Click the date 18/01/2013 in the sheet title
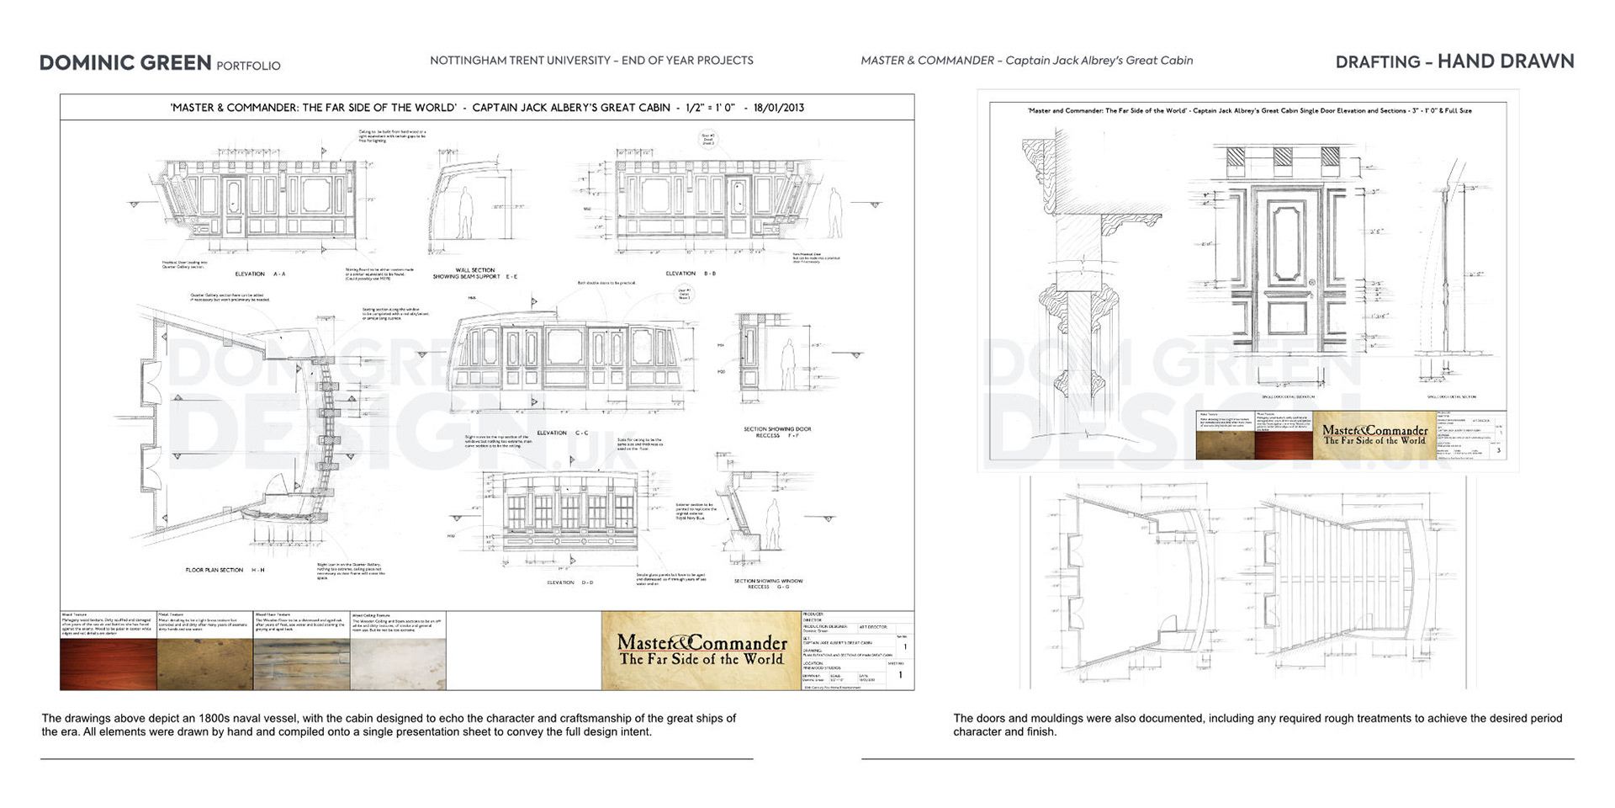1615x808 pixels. [x=779, y=108]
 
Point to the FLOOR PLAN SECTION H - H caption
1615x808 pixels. [x=225, y=570]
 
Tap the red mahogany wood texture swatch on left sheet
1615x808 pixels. [x=109, y=664]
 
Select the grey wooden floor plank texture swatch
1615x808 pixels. [x=301, y=664]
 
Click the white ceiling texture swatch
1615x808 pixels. [x=397, y=664]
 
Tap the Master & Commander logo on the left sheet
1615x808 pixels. [x=701, y=650]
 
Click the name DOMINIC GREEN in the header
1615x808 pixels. [x=125, y=63]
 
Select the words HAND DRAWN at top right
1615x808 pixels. [x=1506, y=61]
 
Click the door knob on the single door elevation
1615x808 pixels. [x=1311, y=283]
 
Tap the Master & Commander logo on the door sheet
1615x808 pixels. [x=1374, y=435]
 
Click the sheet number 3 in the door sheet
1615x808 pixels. [x=1498, y=450]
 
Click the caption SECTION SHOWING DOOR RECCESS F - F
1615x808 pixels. [x=777, y=433]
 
